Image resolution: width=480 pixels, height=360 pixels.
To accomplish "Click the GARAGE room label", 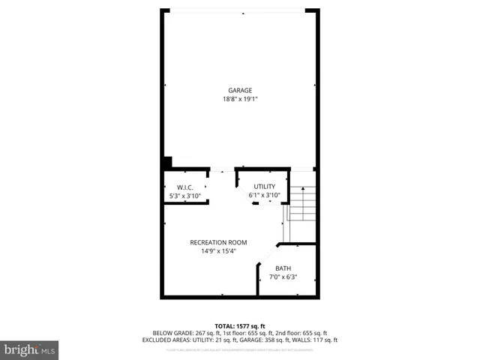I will (x=240, y=91).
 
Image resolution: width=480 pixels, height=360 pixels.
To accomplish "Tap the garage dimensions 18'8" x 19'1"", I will (x=240, y=99).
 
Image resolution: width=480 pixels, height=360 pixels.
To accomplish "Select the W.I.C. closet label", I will (x=185, y=187).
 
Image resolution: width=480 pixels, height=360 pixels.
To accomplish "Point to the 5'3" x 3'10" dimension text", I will (x=185, y=196).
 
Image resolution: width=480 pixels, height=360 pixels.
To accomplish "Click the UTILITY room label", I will (x=264, y=187).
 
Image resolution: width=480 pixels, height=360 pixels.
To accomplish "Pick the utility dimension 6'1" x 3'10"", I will (x=264, y=195).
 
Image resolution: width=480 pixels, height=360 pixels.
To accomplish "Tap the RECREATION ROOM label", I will (x=218, y=242).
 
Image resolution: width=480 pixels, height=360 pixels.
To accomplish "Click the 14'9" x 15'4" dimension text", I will (x=218, y=251).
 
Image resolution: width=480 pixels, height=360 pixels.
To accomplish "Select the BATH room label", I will (x=283, y=268).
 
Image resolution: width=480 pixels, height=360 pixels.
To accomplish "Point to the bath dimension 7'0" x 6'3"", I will (x=283, y=277).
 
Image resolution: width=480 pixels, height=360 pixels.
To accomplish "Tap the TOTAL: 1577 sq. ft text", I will (x=240, y=325).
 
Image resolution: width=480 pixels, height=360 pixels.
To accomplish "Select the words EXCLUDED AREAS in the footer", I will (x=166, y=340).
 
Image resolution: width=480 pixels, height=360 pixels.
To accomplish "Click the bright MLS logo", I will (x=30, y=349).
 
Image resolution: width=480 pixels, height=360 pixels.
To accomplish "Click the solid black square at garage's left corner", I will (x=167, y=162).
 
